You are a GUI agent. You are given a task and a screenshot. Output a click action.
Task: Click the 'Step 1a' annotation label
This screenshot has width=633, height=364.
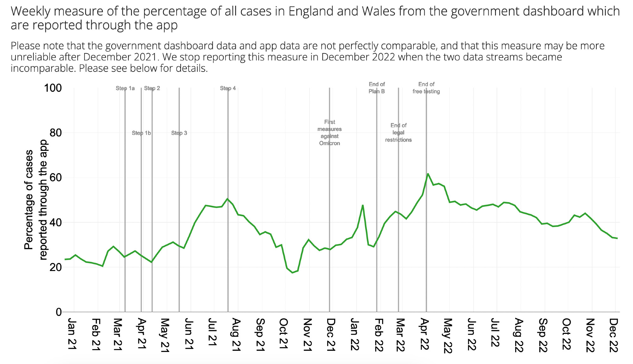point(125,88)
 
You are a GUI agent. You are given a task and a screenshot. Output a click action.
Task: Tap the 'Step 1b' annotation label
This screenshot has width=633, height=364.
point(141,133)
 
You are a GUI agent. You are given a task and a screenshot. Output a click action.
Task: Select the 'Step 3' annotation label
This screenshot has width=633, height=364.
point(179,133)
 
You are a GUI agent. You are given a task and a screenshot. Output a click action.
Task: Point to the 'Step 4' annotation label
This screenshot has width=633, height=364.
point(228,88)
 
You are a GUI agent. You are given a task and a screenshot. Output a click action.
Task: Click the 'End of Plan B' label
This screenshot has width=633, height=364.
point(377,88)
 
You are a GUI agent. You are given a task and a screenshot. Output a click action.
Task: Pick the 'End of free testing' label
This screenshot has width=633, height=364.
point(426,88)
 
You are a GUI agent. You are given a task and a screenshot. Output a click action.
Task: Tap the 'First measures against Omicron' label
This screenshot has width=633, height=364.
point(329,133)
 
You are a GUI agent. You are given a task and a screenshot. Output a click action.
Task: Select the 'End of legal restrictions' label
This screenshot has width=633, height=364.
point(398,133)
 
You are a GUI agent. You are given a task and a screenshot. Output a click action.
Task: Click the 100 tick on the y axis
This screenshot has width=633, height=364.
point(53,88)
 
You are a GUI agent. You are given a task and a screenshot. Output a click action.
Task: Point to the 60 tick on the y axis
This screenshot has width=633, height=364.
point(55,177)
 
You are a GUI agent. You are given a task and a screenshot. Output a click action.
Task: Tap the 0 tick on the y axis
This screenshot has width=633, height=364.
point(59,312)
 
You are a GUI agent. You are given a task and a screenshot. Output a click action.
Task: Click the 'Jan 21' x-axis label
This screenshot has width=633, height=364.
point(72,334)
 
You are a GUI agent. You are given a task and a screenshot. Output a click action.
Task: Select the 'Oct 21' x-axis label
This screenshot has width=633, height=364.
point(284,334)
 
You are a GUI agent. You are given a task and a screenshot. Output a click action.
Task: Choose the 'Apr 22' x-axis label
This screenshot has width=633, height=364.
point(424,335)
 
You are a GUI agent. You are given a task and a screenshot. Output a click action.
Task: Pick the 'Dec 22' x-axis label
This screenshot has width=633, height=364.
point(613,335)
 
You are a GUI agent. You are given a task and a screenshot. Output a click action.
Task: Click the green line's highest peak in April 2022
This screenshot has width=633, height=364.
point(428,174)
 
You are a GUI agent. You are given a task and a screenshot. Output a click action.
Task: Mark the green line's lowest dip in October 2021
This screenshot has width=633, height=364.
point(292,273)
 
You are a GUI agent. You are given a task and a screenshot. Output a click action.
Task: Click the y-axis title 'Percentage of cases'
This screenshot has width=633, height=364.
point(28,200)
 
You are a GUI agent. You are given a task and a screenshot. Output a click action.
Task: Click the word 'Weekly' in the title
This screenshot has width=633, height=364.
point(30,11)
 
